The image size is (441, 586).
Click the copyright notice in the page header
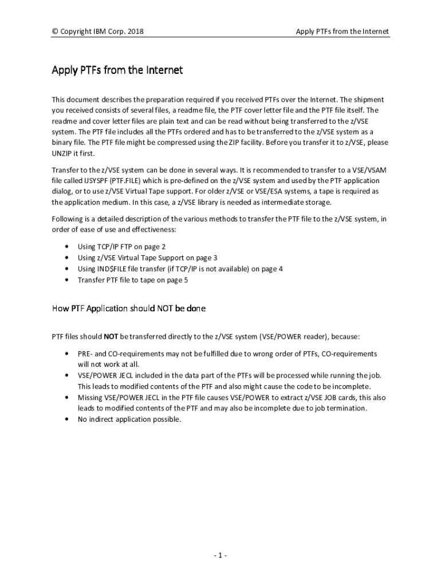pos(97,31)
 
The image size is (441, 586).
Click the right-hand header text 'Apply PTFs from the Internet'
pos(342,31)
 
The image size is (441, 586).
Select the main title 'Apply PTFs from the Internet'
pos(117,70)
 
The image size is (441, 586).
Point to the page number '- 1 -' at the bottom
pos(220,556)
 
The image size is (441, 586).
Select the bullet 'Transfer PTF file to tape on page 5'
pos(133,280)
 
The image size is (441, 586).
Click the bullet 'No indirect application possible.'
pos(129,419)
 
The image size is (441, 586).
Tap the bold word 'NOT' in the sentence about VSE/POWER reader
pos(111,336)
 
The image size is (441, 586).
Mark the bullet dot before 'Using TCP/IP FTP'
pos(68,247)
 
